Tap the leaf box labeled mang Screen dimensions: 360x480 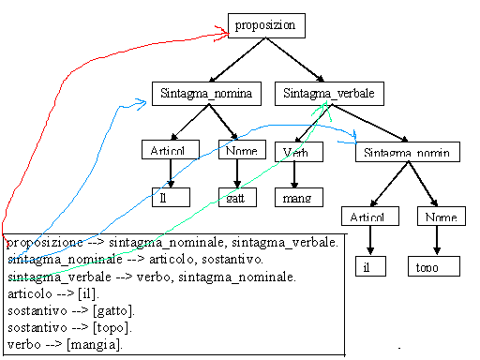point(297,197)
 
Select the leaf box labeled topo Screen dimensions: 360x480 point(434,266)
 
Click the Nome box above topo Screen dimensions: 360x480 point(439,217)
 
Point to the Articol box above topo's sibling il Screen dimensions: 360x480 point(368,217)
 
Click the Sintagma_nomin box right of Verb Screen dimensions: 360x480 point(407,152)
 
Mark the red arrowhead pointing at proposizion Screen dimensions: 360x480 point(224,33)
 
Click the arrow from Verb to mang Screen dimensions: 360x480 point(295,174)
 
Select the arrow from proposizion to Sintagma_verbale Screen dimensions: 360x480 point(295,62)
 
